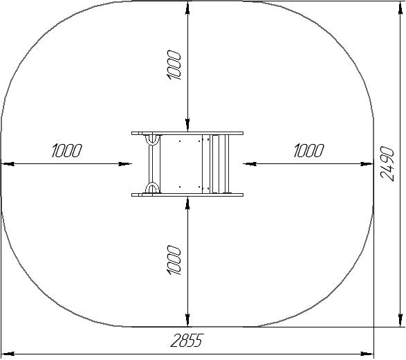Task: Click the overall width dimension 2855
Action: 186,340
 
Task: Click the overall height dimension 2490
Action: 387,164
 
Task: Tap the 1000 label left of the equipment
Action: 66,151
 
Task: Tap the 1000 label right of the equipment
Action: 308,151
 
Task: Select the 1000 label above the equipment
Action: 174,65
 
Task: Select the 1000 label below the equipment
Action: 174,260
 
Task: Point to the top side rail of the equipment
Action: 187,133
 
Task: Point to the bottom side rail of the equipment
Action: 187,195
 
